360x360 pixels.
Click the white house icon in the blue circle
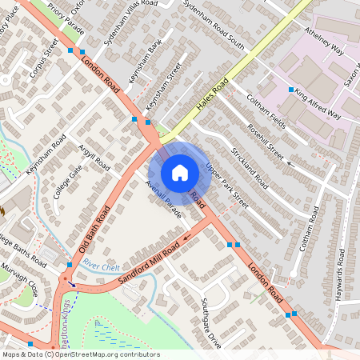pos(180,172)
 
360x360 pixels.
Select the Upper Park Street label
pos(227,186)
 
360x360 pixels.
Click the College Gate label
pos(68,182)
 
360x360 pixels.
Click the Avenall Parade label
pos(164,199)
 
